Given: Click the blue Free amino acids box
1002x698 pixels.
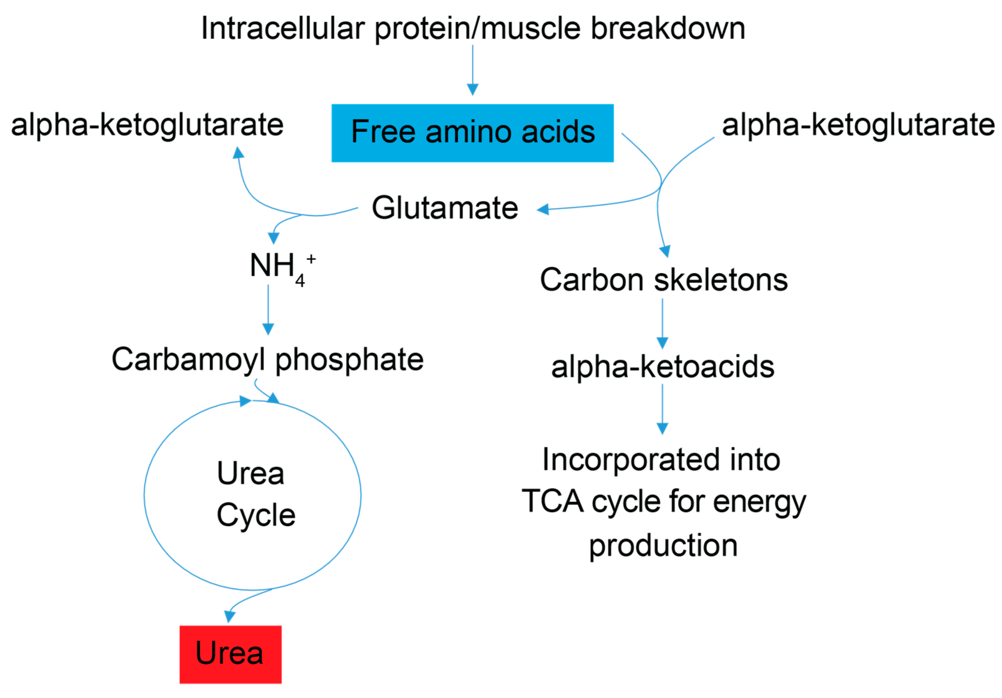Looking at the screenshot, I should coord(472,133).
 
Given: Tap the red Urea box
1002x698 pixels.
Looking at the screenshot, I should coord(230,654).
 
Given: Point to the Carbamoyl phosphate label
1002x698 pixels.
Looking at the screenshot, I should coord(267,359).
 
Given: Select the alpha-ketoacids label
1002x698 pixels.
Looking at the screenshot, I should coord(663,367).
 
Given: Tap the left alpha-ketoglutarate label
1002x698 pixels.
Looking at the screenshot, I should coord(147,125).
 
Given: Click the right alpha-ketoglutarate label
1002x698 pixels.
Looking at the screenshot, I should coord(858,125).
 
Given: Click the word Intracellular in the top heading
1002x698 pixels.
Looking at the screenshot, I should coord(282,29).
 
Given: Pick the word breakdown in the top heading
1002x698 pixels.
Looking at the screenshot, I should coord(668,29).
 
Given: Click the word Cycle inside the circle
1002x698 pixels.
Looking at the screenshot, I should coord(256,515).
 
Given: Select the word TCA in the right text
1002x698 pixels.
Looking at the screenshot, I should coord(552,501).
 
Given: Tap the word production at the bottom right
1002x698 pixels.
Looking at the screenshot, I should coord(663,545).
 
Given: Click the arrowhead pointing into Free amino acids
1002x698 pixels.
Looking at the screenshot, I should coord(473,89).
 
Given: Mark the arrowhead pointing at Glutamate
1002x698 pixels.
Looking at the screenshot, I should coord(542,210).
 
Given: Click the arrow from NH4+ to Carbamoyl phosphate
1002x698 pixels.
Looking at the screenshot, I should coord(268,310).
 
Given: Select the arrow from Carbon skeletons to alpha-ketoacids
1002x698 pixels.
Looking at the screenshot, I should coord(663,323).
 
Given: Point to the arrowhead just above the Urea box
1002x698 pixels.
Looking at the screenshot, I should coord(230,616).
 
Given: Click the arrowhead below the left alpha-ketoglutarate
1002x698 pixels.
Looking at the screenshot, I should coord(238,153).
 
